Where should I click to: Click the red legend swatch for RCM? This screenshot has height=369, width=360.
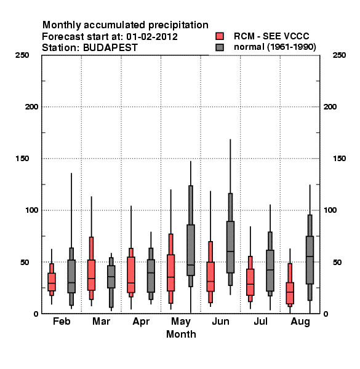click(x=220, y=36)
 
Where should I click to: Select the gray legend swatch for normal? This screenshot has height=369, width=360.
click(x=220, y=47)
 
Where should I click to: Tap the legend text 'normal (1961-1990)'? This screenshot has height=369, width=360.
click(x=275, y=47)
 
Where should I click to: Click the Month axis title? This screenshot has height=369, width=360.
click(x=181, y=334)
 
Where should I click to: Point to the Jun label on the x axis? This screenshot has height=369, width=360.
click(x=220, y=321)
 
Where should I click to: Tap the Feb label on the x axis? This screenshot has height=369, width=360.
click(x=62, y=321)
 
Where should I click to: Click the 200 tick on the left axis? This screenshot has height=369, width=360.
click(x=32, y=107)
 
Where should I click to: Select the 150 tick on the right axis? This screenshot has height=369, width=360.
click(x=339, y=159)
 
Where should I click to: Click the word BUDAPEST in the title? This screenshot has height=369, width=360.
click(x=110, y=48)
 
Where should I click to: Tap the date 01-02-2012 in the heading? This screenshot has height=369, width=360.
click(x=152, y=37)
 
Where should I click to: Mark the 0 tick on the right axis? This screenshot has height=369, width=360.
click(x=326, y=314)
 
